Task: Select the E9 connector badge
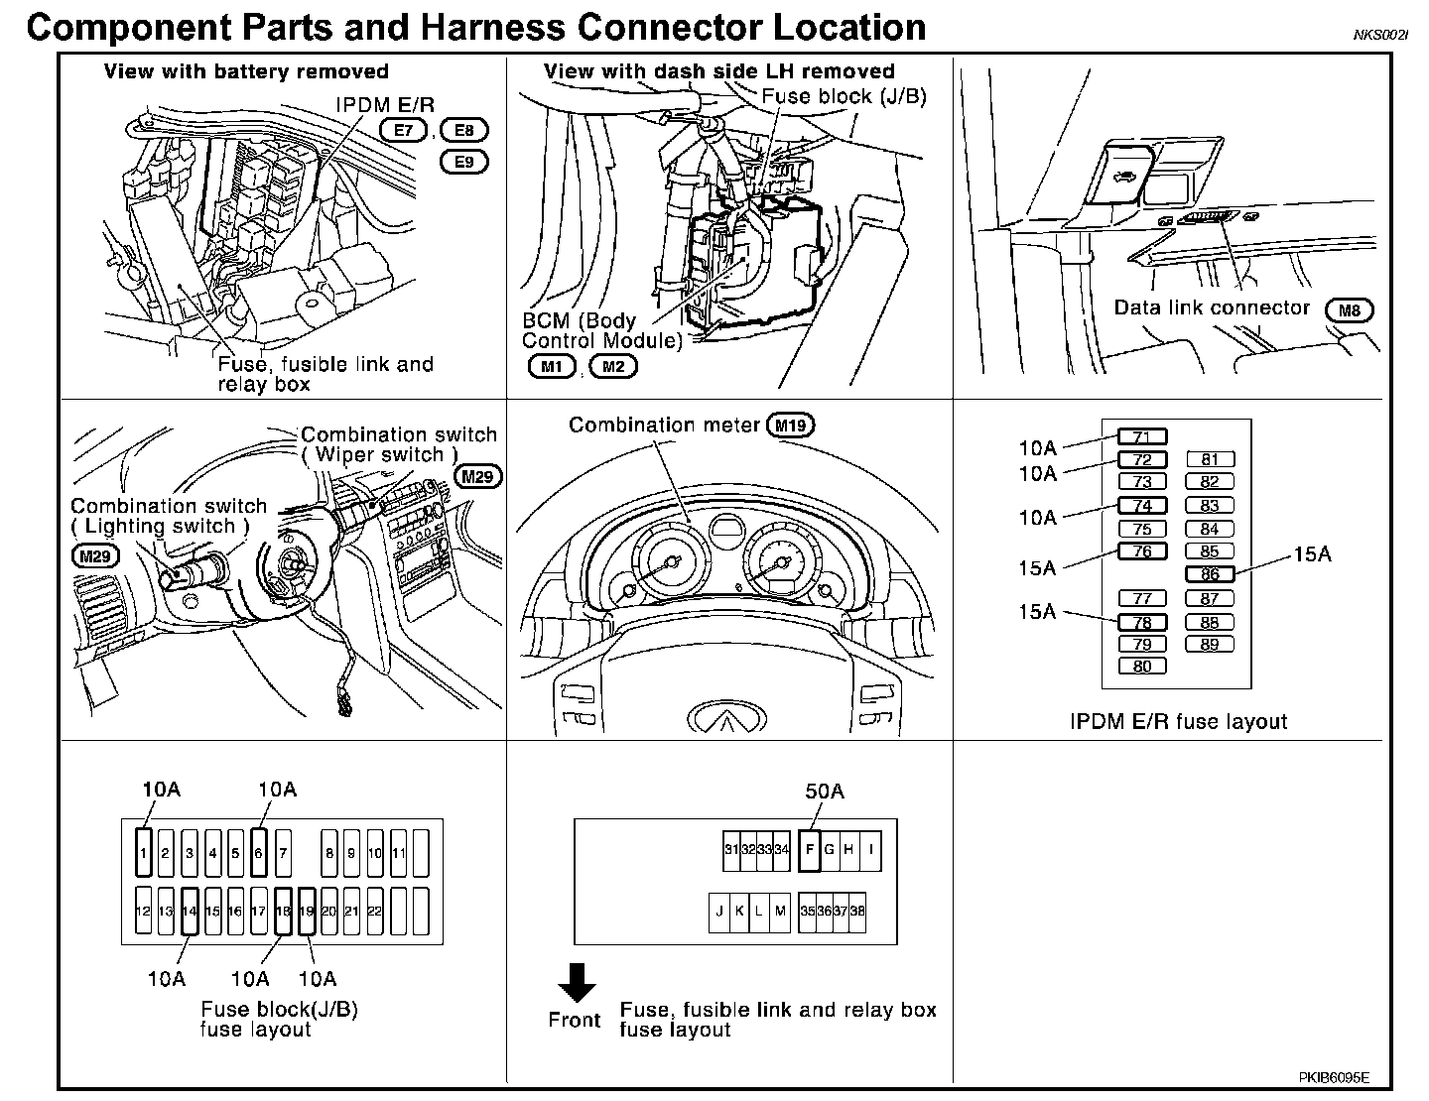(464, 162)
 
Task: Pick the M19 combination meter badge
(791, 426)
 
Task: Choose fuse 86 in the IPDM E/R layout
(1210, 574)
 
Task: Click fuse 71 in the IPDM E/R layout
(1142, 437)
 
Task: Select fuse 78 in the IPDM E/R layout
(1142, 623)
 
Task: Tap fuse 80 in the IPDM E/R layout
(1142, 667)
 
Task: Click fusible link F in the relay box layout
(810, 850)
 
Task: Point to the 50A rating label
(824, 792)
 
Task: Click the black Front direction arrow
(576, 982)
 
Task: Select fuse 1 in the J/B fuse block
(144, 852)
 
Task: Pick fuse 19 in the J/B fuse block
(307, 912)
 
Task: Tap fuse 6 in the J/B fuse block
(259, 852)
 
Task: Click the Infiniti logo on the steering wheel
(729, 719)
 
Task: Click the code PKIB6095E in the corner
(1335, 1076)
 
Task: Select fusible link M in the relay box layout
(780, 912)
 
